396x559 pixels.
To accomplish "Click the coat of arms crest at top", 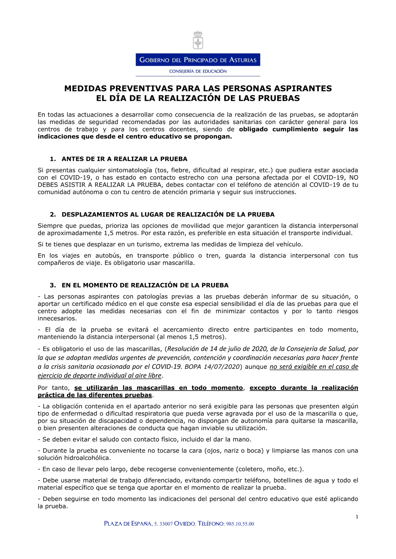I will (198, 40).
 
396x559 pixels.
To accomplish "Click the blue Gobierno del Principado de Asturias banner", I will (198, 60).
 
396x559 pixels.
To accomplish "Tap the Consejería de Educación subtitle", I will (198, 71).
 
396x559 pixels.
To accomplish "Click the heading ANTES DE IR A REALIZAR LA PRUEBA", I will (124, 159).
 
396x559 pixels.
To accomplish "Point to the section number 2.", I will (53, 215).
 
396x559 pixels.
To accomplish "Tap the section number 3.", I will (53, 285).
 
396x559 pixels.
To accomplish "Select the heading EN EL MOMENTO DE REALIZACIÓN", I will (145, 285).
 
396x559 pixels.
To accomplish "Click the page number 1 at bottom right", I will (357, 517).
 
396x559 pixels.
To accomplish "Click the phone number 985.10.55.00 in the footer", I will (240, 524).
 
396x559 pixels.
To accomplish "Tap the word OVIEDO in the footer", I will (185, 524).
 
